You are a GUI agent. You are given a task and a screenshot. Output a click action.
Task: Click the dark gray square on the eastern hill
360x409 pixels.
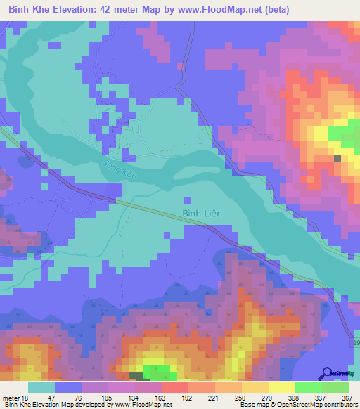338,158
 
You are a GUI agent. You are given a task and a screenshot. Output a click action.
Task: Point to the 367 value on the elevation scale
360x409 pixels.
347,397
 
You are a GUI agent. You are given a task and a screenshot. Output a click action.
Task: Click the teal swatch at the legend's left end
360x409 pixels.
41,387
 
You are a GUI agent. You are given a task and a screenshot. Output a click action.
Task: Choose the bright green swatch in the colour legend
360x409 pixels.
309,387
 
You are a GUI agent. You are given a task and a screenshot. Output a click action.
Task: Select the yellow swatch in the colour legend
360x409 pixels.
282,387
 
